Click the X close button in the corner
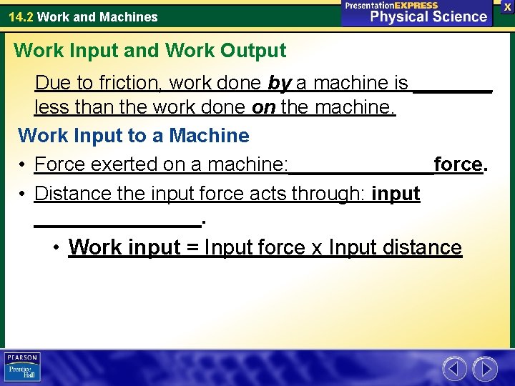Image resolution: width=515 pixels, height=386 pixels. click(507, 6)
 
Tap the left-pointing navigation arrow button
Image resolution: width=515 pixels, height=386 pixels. click(454, 369)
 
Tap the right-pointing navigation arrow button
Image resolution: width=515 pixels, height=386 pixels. click(486, 369)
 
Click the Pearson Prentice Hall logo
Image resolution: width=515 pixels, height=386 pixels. click(22, 367)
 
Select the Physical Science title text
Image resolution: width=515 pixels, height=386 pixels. click(428, 16)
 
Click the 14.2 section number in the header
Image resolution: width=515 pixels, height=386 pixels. click(20, 16)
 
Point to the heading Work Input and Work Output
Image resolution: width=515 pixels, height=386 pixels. click(149, 51)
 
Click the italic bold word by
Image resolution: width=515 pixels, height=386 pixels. click(279, 84)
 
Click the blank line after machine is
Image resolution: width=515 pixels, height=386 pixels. click(453, 88)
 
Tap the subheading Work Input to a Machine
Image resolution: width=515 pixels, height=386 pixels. click(134, 135)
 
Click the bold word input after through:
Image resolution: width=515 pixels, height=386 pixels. click(396, 194)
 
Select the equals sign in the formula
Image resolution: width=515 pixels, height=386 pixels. click(192, 247)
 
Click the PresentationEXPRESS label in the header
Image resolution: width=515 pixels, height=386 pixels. click(391, 5)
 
